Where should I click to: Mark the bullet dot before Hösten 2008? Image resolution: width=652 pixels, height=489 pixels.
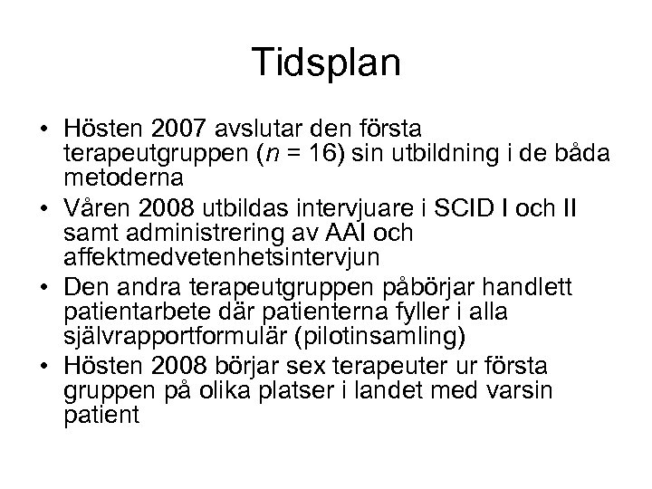[43, 368]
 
